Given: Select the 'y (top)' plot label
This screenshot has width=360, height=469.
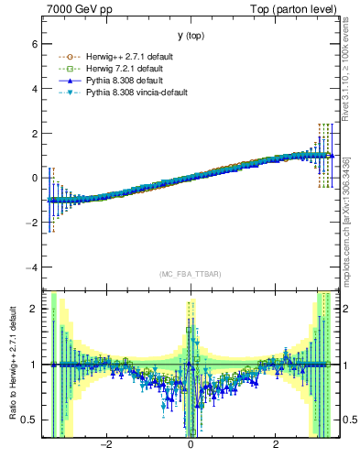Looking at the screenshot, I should (191, 35).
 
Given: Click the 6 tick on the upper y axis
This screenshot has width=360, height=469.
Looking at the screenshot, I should (34, 43).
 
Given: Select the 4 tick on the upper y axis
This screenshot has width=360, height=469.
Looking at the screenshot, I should (34, 88).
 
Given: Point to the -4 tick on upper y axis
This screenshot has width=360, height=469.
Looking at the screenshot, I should (32, 267).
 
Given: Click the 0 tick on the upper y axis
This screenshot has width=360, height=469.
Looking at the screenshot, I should (34, 178).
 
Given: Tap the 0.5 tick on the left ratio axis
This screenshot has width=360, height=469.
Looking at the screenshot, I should (28, 420).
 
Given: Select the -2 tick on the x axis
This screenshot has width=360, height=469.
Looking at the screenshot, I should (105, 445).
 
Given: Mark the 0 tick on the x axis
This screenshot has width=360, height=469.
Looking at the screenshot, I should (191, 445).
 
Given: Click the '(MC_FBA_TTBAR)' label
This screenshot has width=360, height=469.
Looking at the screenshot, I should (191, 275).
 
